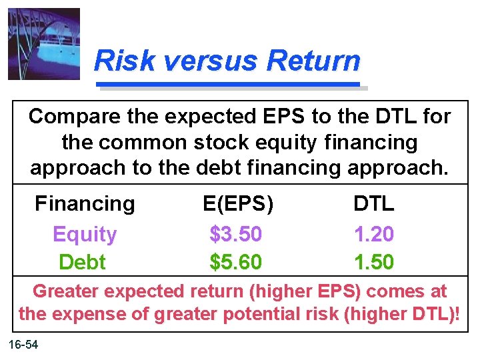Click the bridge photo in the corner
coord(44,44)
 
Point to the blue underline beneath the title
coord(229,85)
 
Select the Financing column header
coord(85,203)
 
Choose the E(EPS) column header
coord(238,203)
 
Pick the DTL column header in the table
coord(373,203)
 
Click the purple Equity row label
coord(85,234)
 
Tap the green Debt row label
coord(82,262)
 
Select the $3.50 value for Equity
coord(236,234)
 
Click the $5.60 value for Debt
coord(236,262)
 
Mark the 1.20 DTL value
coord(373,234)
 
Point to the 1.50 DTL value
coord(373,262)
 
